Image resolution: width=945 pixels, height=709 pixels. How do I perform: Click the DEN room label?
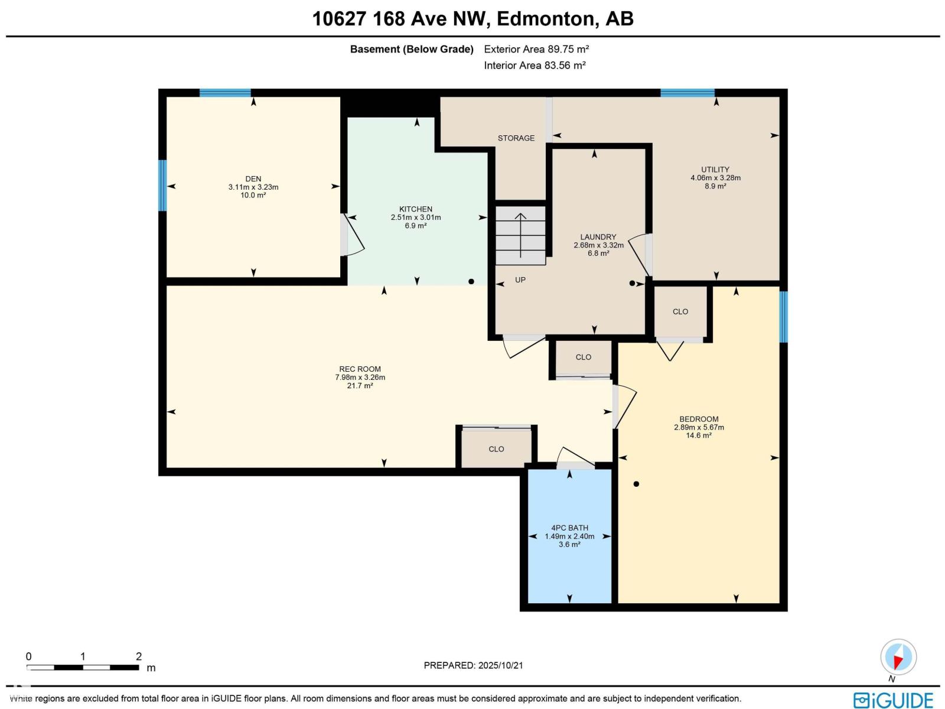point(253,179)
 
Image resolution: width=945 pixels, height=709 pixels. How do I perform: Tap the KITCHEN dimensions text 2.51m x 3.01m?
point(416,217)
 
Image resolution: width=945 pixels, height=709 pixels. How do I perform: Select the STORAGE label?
point(516,138)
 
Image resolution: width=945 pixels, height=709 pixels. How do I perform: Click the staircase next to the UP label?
point(520,235)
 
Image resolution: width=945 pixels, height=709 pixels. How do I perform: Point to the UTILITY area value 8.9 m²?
point(715,186)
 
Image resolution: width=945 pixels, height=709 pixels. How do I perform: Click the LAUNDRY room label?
point(598,237)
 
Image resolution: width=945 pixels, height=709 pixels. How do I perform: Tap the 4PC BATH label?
point(569,528)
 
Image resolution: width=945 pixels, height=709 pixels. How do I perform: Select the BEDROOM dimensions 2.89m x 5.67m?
point(699,428)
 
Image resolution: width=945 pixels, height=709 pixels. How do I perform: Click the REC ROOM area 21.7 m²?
point(360,386)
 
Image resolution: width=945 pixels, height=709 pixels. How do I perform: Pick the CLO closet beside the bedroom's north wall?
point(680,311)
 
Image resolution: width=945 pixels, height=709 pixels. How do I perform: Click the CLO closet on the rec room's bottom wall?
point(496,449)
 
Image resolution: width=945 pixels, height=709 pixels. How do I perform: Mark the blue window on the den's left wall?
point(162,186)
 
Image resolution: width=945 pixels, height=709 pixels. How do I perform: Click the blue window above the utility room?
point(687,93)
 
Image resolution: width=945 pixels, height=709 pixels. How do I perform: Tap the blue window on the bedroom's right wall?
point(784,317)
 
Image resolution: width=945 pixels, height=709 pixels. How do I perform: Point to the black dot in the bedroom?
point(636,484)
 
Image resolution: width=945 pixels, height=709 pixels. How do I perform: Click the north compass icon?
point(898,657)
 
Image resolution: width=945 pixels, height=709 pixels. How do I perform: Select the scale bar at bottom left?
point(83,668)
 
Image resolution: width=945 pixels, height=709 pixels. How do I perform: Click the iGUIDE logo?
point(893,700)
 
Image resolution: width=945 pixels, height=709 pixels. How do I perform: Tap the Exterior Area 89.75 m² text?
point(536,50)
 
